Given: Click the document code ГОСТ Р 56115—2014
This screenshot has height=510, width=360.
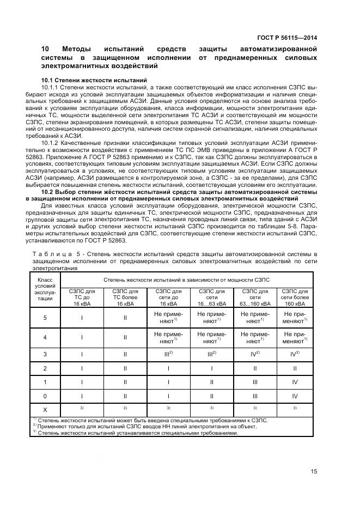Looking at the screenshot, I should [287, 38].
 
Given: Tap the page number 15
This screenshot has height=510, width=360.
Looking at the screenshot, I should [314, 472].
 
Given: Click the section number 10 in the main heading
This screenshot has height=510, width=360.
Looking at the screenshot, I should [46, 50].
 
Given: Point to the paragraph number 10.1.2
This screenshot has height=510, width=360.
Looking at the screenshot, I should [51, 143].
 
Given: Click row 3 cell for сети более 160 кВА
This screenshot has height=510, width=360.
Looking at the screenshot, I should [295, 354].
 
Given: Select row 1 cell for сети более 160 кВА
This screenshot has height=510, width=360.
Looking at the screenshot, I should [295, 381].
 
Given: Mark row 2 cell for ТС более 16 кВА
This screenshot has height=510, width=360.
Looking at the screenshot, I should [125, 368].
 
